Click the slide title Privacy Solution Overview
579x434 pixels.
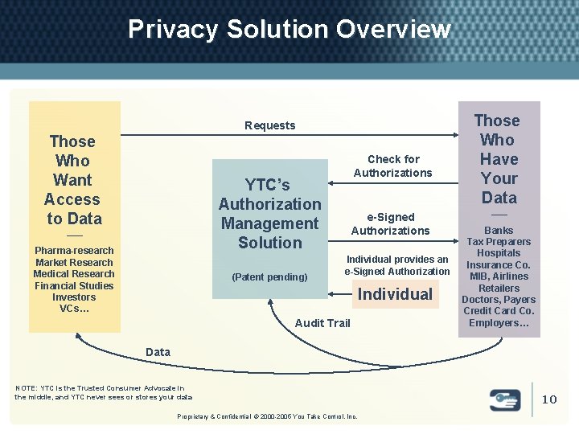(289, 30)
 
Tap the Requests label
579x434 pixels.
(270, 125)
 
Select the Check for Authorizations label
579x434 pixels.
(393, 166)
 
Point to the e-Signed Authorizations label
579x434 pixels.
(391, 224)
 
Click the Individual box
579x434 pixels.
(395, 294)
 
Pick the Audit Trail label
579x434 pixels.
(322, 323)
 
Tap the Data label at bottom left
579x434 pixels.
(158, 352)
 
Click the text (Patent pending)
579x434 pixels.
(269, 277)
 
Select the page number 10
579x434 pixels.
(549, 399)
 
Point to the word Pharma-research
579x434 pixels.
(74, 251)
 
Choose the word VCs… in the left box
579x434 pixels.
(74, 309)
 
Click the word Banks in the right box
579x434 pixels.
(499, 231)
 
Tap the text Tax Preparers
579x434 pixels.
(499, 242)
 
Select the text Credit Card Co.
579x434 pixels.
(499, 311)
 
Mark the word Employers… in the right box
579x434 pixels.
(499, 323)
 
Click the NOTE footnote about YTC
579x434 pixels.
(103, 393)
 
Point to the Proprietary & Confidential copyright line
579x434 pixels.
(268, 416)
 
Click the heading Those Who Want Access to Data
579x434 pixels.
(73, 180)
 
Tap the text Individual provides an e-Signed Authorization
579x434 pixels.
(397, 265)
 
